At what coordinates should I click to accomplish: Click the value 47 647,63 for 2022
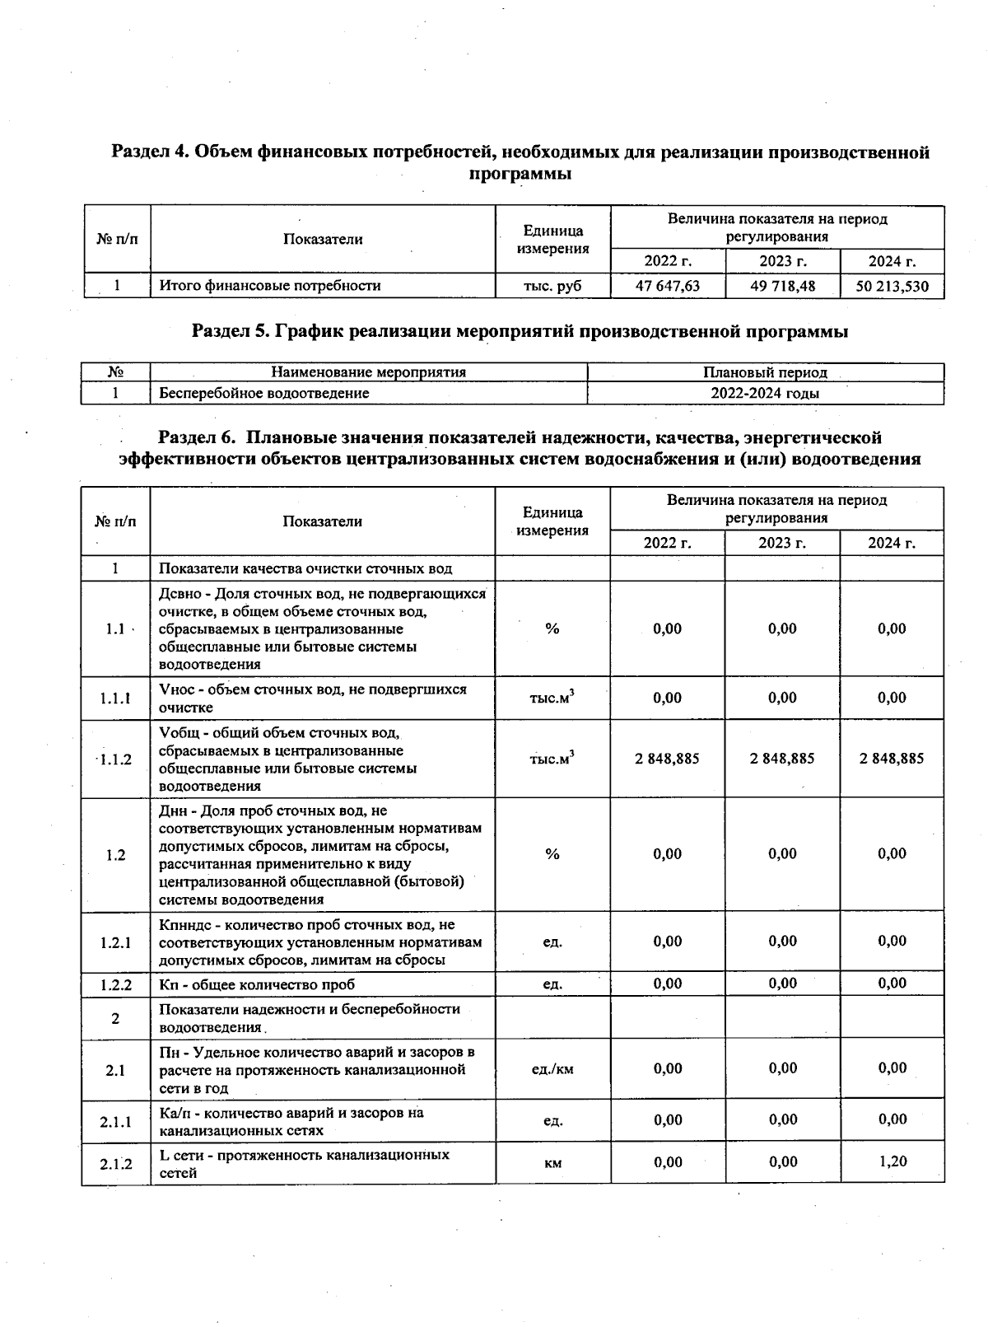(x=667, y=286)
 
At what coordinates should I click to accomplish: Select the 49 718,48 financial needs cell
(x=782, y=286)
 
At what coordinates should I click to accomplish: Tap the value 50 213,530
(x=892, y=286)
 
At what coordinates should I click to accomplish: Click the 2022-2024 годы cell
(x=765, y=393)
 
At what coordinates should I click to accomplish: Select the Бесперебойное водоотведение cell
(x=264, y=393)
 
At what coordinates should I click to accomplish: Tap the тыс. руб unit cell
(x=552, y=286)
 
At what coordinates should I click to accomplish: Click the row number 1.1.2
(x=115, y=759)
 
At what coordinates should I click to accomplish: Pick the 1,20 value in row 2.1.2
(x=892, y=1161)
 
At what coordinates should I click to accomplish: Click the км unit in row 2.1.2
(x=552, y=1163)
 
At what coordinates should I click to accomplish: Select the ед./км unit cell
(x=552, y=1069)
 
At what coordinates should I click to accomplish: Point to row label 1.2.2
(x=115, y=984)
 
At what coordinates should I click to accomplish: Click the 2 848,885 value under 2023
(x=782, y=759)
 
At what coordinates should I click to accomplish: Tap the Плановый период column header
(x=765, y=372)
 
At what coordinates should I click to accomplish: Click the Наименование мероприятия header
(x=368, y=372)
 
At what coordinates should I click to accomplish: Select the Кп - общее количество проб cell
(x=257, y=984)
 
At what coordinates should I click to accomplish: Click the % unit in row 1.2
(x=552, y=854)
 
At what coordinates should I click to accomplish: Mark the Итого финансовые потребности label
(x=270, y=286)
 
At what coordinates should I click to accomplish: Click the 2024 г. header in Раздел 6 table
(x=892, y=543)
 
